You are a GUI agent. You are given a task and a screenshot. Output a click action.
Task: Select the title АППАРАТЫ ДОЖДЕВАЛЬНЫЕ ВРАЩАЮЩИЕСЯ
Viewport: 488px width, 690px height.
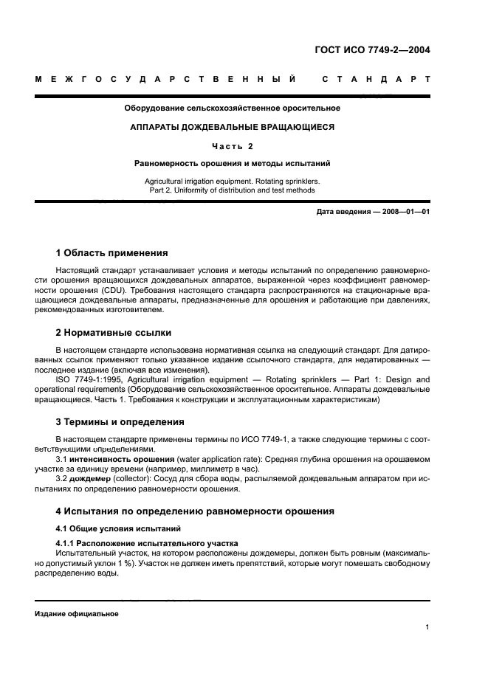coord(232,127)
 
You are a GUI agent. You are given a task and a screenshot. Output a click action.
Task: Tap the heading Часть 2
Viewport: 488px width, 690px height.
coord(232,145)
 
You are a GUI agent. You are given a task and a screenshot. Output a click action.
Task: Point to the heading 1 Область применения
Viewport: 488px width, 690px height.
coord(112,253)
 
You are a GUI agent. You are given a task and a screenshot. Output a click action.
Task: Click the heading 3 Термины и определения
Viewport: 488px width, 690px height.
coord(120,422)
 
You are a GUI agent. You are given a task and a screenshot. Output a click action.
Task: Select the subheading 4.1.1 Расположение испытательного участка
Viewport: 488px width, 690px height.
coord(147,543)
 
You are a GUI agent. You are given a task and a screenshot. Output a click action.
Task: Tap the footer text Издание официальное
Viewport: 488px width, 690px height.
coord(77,613)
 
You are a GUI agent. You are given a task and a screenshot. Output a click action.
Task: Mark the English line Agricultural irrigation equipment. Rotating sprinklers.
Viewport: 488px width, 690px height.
coord(232,180)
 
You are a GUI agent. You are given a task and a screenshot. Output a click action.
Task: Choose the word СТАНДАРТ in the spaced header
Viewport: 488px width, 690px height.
coord(377,79)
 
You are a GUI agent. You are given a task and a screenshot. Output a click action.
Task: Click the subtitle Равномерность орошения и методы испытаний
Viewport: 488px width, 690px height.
coord(232,162)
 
